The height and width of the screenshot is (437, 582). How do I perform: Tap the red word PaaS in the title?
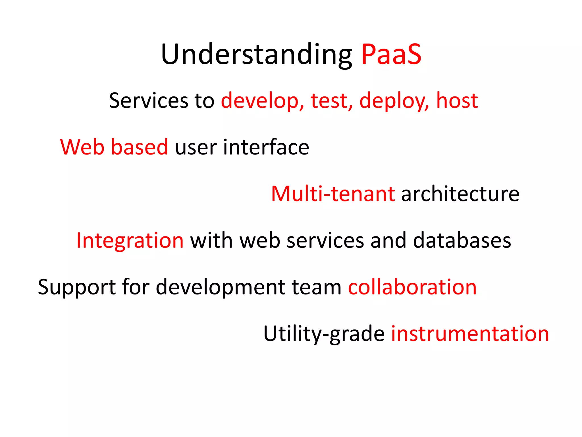[x=391, y=55]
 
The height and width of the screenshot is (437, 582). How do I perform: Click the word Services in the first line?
[x=149, y=101]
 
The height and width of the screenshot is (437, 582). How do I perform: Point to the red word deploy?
[x=394, y=101]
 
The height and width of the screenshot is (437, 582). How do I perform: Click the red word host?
[x=457, y=101]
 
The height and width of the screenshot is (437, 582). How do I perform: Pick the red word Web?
[x=82, y=147]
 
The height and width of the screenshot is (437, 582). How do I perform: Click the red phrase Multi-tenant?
[x=333, y=194]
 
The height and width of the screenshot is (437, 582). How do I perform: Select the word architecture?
[x=460, y=194]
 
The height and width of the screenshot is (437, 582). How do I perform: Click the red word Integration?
[x=130, y=241]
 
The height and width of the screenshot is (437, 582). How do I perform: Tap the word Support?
[x=76, y=287]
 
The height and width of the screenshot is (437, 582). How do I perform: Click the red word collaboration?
[x=412, y=287]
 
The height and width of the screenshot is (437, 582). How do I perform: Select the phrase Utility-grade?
[x=324, y=334]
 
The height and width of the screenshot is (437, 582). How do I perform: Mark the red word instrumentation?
[x=470, y=334]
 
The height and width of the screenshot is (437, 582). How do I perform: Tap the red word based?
[x=140, y=147]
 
